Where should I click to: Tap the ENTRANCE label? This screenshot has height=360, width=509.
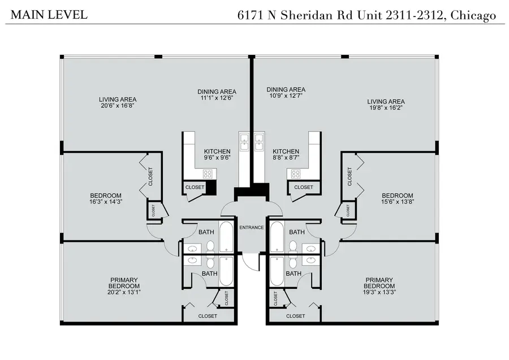click(252, 228)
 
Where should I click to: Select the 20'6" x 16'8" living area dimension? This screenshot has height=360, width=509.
click(118, 106)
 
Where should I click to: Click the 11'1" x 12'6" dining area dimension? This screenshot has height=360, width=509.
click(217, 98)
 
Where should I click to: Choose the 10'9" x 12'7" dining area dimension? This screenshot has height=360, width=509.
click(286, 96)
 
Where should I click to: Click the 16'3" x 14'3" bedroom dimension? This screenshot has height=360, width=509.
click(106, 202)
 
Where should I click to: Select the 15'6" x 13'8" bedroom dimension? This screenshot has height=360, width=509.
click(397, 202)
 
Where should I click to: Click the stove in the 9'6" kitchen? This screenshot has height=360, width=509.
click(188, 174)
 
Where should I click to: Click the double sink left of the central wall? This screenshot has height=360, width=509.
click(244, 141)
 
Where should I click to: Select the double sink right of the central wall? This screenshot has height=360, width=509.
click(259, 141)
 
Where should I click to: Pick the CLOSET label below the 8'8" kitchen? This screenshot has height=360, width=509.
click(304, 188)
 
